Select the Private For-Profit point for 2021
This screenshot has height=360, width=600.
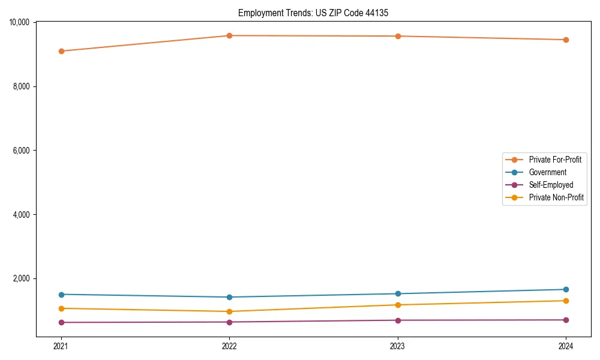click(61, 51)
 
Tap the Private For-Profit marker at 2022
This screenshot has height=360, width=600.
click(229, 35)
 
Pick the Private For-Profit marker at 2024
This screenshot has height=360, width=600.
click(566, 40)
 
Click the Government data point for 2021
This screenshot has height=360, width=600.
click(61, 295)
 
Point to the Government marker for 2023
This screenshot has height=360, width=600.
click(398, 293)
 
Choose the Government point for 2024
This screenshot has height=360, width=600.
click(566, 289)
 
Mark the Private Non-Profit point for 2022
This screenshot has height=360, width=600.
click(229, 311)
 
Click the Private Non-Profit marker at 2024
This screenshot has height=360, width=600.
click(566, 301)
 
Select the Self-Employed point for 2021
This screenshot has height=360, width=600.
click(61, 322)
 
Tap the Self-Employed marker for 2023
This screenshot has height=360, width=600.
click(398, 320)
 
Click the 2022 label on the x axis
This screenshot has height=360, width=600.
click(229, 346)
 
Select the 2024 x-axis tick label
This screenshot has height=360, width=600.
click(566, 346)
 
